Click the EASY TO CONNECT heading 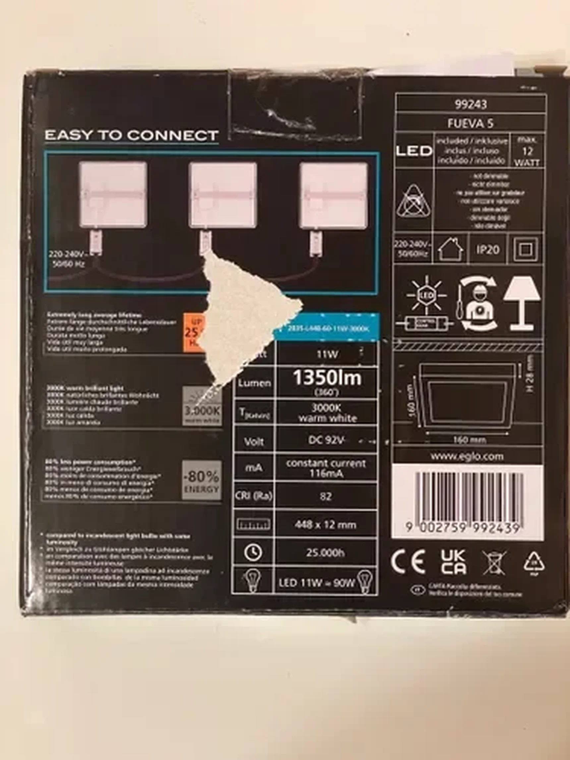[132, 135]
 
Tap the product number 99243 [471, 104]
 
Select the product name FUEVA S [471, 124]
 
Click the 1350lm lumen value [327, 378]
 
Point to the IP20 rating [487, 250]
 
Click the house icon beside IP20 [451, 250]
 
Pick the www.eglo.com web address [467, 457]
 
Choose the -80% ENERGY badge [202, 480]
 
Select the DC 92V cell [326, 440]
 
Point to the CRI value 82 [325, 496]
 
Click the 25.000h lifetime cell [325, 553]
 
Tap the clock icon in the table [253, 552]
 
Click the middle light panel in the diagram [223, 195]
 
